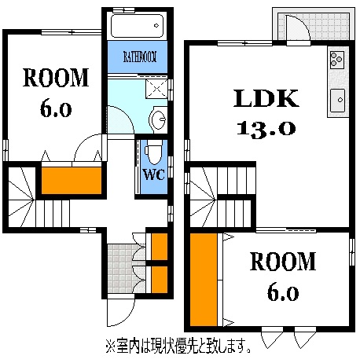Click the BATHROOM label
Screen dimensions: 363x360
click(x=139, y=57)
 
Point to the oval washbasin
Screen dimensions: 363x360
click(x=158, y=119)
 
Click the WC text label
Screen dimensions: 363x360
click(x=153, y=174)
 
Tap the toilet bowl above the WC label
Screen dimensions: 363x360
click(x=152, y=150)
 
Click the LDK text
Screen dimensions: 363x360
click(x=265, y=99)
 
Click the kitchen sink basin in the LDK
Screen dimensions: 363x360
click(x=339, y=99)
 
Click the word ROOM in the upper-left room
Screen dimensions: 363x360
click(x=56, y=77)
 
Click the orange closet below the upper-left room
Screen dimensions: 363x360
click(x=71, y=180)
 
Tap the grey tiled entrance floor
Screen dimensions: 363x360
click(x=122, y=266)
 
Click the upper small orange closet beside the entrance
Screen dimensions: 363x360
click(x=157, y=246)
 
